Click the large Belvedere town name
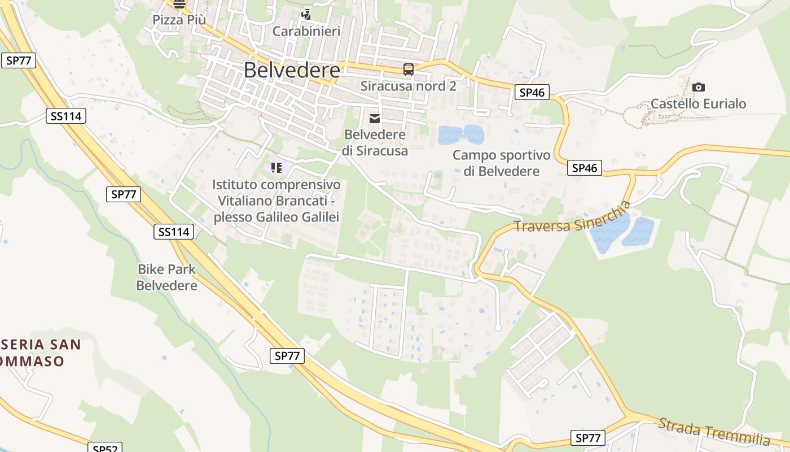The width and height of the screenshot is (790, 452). pyautogui.click(x=292, y=70)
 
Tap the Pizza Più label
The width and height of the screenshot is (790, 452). pyautogui.click(x=179, y=20)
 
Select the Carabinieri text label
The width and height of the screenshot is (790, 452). pyautogui.click(x=306, y=31)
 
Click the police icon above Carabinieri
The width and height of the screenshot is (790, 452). pyautogui.click(x=306, y=14)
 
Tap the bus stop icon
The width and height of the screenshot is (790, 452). pyautogui.click(x=408, y=69)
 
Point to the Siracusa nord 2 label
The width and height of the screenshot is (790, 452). pyautogui.click(x=408, y=86)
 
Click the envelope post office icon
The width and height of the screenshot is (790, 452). pyautogui.click(x=374, y=118)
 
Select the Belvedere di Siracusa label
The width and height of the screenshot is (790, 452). pyautogui.click(x=375, y=143)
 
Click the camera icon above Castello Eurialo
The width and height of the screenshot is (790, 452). pyautogui.click(x=698, y=87)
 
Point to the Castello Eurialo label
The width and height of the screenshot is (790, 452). pyautogui.click(x=698, y=103)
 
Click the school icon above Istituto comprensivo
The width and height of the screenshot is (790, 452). pyautogui.click(x=276, y=167)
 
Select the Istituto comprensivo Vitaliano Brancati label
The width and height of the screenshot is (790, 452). pyautogui.click(x=276, y=201)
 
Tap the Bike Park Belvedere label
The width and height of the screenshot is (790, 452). pyautogui.click(x=167, y=277)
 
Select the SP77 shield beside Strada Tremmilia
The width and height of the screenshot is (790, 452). pyautogui.click(x=587, y=438)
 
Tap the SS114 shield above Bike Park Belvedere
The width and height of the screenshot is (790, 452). pyautogui.click(x=174, y=232)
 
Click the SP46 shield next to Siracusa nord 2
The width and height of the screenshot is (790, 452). pyautogui.click(x=532, y=93)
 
